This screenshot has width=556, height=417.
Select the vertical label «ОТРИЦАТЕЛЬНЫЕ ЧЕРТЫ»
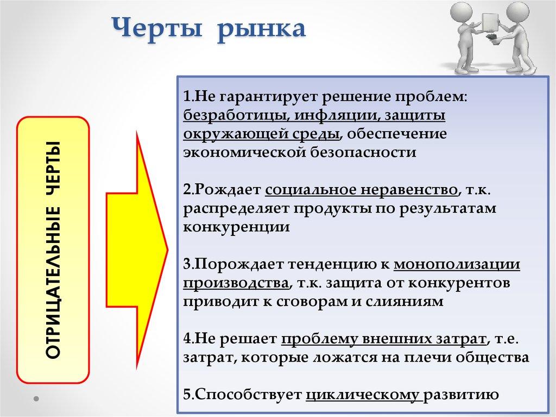tap(53, 250)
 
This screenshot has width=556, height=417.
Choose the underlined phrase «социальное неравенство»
tap(361, 190)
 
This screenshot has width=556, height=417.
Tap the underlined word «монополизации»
tap(457, 264)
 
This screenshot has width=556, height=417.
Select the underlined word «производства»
tap(235, 283)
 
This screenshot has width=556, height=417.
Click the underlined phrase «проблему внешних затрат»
tap(383, 339)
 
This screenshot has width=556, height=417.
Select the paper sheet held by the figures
tap(491, 22)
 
